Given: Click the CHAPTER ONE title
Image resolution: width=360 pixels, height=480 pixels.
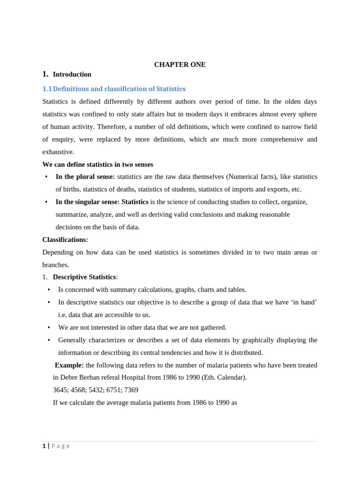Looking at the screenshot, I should (x=180, y=65).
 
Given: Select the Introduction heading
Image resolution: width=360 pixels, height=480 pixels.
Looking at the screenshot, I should (x=72, y=74).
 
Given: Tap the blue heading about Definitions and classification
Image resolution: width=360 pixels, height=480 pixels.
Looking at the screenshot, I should (x=119, y=89).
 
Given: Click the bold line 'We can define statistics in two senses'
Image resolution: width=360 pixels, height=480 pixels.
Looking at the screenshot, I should (x=97, y=165).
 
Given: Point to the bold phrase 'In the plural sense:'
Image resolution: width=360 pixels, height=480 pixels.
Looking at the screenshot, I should (x=85, y=177).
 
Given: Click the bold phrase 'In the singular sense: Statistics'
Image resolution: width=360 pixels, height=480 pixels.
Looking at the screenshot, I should (x=102, y=202).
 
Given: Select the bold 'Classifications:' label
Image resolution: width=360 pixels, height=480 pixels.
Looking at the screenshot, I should (x=65, y=240).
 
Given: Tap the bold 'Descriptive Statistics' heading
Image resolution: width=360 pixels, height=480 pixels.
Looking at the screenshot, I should (x=84, y=277).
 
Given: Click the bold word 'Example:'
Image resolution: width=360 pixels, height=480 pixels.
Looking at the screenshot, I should (x=69, y=365).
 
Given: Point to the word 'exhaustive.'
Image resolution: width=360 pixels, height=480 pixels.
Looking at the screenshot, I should (x=58, y=152).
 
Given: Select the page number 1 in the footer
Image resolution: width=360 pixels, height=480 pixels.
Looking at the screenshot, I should (x=44, y=446).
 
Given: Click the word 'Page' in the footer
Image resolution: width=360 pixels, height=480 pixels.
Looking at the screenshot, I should (x=60, y=446).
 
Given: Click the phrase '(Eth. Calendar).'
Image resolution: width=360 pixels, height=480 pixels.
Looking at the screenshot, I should (x=222, y=377).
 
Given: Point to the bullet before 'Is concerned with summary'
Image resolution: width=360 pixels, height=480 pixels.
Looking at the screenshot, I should (x=49, y=290).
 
